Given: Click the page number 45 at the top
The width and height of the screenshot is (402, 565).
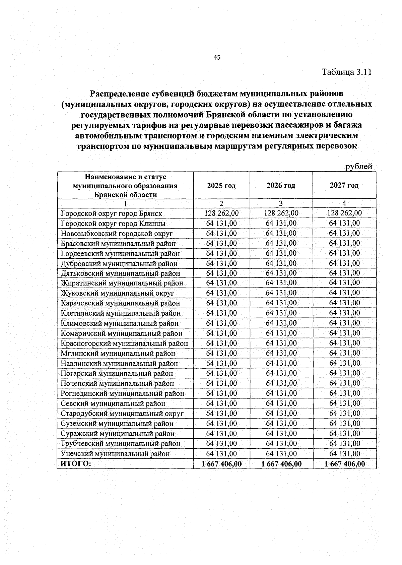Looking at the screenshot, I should [217, 58].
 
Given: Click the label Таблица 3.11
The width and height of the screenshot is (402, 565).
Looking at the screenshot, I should [347, 72].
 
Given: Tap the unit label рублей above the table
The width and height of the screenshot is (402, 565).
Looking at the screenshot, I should [359, 167].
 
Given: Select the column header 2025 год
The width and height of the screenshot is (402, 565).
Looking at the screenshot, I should [221, 185].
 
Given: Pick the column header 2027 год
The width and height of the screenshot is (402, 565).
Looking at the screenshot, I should [344, 185].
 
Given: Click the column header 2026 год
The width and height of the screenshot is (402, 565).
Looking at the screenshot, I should [281, 185].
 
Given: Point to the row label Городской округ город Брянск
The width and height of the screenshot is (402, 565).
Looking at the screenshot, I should [112, 213].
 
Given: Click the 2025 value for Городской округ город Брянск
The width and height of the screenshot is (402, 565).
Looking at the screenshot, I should [221, 213].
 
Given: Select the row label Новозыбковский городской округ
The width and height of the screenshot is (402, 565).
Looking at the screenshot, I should [117, 234].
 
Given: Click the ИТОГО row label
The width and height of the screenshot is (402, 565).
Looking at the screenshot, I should [76, 464].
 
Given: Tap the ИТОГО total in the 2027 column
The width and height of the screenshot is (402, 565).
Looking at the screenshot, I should [345, 464].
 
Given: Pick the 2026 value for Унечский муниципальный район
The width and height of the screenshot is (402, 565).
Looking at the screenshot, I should [281, 454].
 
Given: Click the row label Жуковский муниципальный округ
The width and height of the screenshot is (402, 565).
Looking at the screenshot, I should [117, 293].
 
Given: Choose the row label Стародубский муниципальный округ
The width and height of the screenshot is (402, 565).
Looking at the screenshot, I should [122, 414].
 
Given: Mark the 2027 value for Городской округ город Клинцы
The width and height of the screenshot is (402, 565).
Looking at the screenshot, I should [344, 223].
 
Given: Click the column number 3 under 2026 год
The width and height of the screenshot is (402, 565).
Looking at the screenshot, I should [281, 203].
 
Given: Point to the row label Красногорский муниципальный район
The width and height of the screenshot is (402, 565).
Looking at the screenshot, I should [124, 343].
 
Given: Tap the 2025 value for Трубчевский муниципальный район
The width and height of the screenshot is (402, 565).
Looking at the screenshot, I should [221, 444].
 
